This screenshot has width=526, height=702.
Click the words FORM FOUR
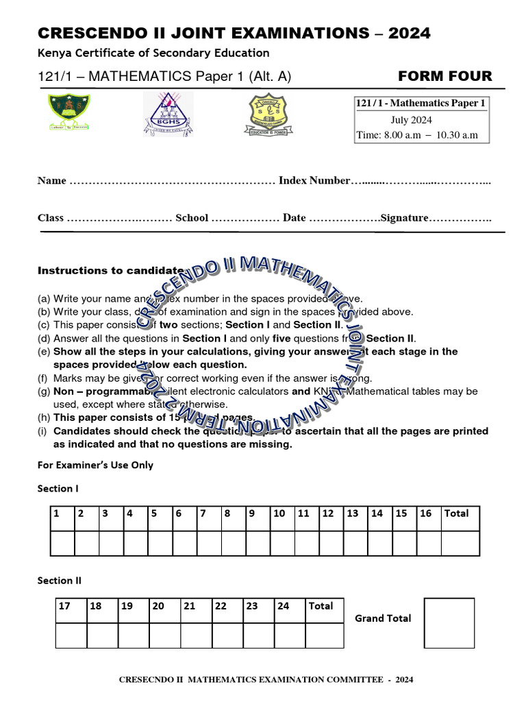click(444, 76)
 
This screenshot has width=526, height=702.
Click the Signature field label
click(404, 218)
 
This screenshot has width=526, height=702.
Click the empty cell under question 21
click(197, 635)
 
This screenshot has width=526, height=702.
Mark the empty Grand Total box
click(449, 622)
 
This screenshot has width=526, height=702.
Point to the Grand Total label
click(383, 618)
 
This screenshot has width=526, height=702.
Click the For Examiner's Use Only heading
click(95, 465)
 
